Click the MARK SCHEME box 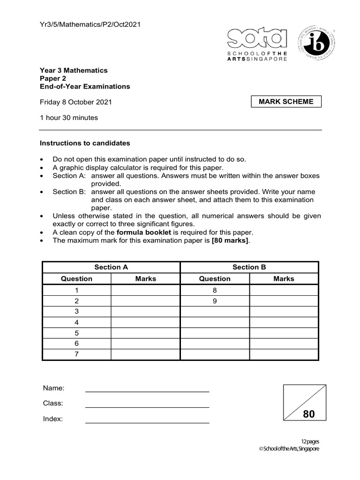(x=286, y=102)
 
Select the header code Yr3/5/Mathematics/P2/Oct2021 (x=90, y=24)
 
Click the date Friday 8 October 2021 (x=75, y=102)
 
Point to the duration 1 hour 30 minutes (x=69, y=118)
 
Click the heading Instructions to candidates (x=85, y=143)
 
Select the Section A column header (x=111, y=267)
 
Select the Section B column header (x=249, y=267)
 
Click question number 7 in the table (x=77, y=355)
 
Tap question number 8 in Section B (x=215, y=290)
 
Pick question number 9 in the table (x=215, y=301)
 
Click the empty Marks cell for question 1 (x=145, y=290)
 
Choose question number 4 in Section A (x=77, y=322)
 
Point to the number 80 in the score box (x=309, y=414)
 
